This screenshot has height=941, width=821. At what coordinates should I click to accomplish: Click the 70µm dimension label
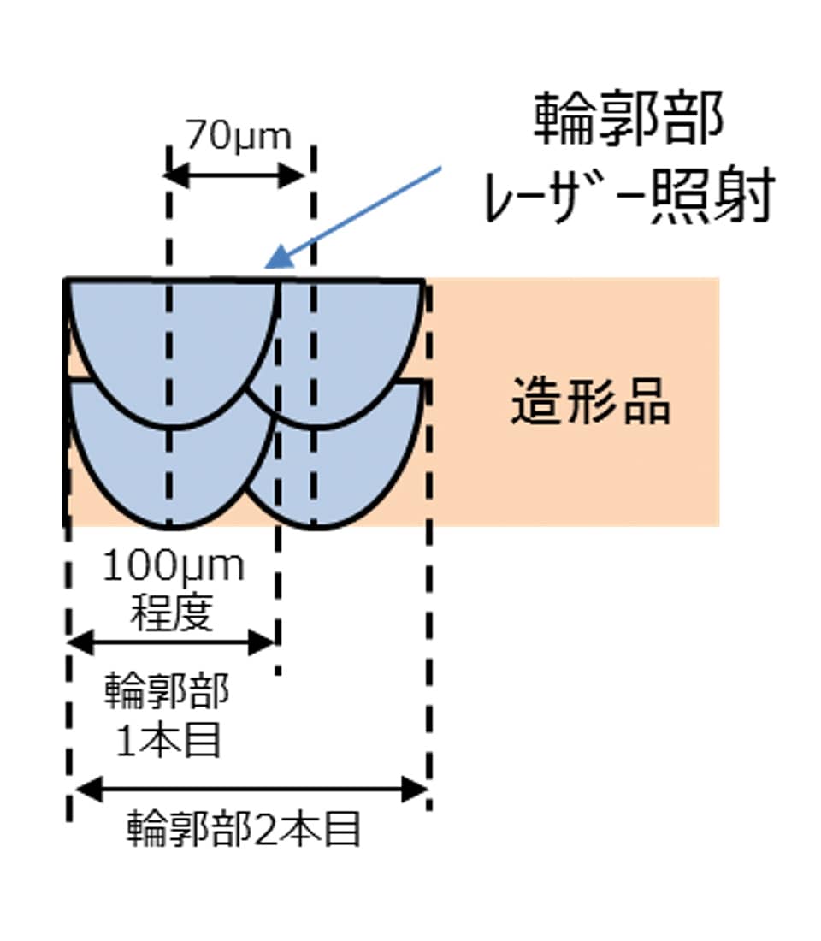239,136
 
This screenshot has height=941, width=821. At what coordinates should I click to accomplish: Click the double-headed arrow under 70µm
234,177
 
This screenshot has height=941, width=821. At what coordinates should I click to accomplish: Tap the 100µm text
174,566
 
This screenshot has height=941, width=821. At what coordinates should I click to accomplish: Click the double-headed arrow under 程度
171,642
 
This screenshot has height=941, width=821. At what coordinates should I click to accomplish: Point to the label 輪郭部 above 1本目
168,692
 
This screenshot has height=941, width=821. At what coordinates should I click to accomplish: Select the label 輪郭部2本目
245,829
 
